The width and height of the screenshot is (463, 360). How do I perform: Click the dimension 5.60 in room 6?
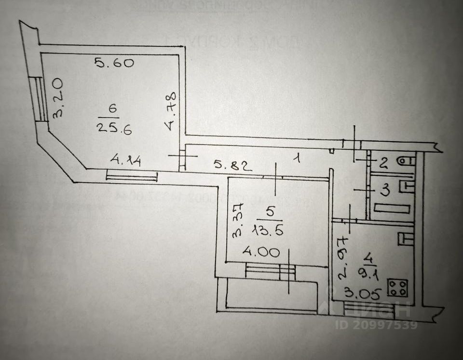[x=114, y=63]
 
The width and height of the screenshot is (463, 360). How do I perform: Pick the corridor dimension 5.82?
[x=233, y=167]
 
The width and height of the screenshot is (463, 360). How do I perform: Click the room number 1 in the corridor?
[x=299, y=158]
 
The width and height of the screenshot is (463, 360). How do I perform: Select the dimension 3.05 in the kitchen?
[x=358, y=291]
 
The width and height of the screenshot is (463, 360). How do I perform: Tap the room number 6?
[x=113, y=109]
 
